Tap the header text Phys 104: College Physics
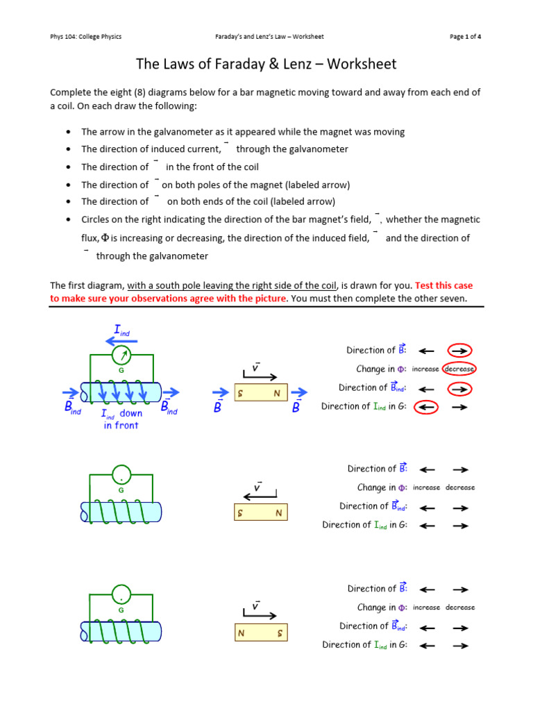87,37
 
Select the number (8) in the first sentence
133,92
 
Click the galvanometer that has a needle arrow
122,356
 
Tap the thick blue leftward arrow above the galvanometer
120,340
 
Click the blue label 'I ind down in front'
121,419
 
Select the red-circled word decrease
459,369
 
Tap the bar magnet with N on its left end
260,633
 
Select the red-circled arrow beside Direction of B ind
459,388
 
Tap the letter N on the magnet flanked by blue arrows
277,394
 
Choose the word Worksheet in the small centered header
308,37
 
